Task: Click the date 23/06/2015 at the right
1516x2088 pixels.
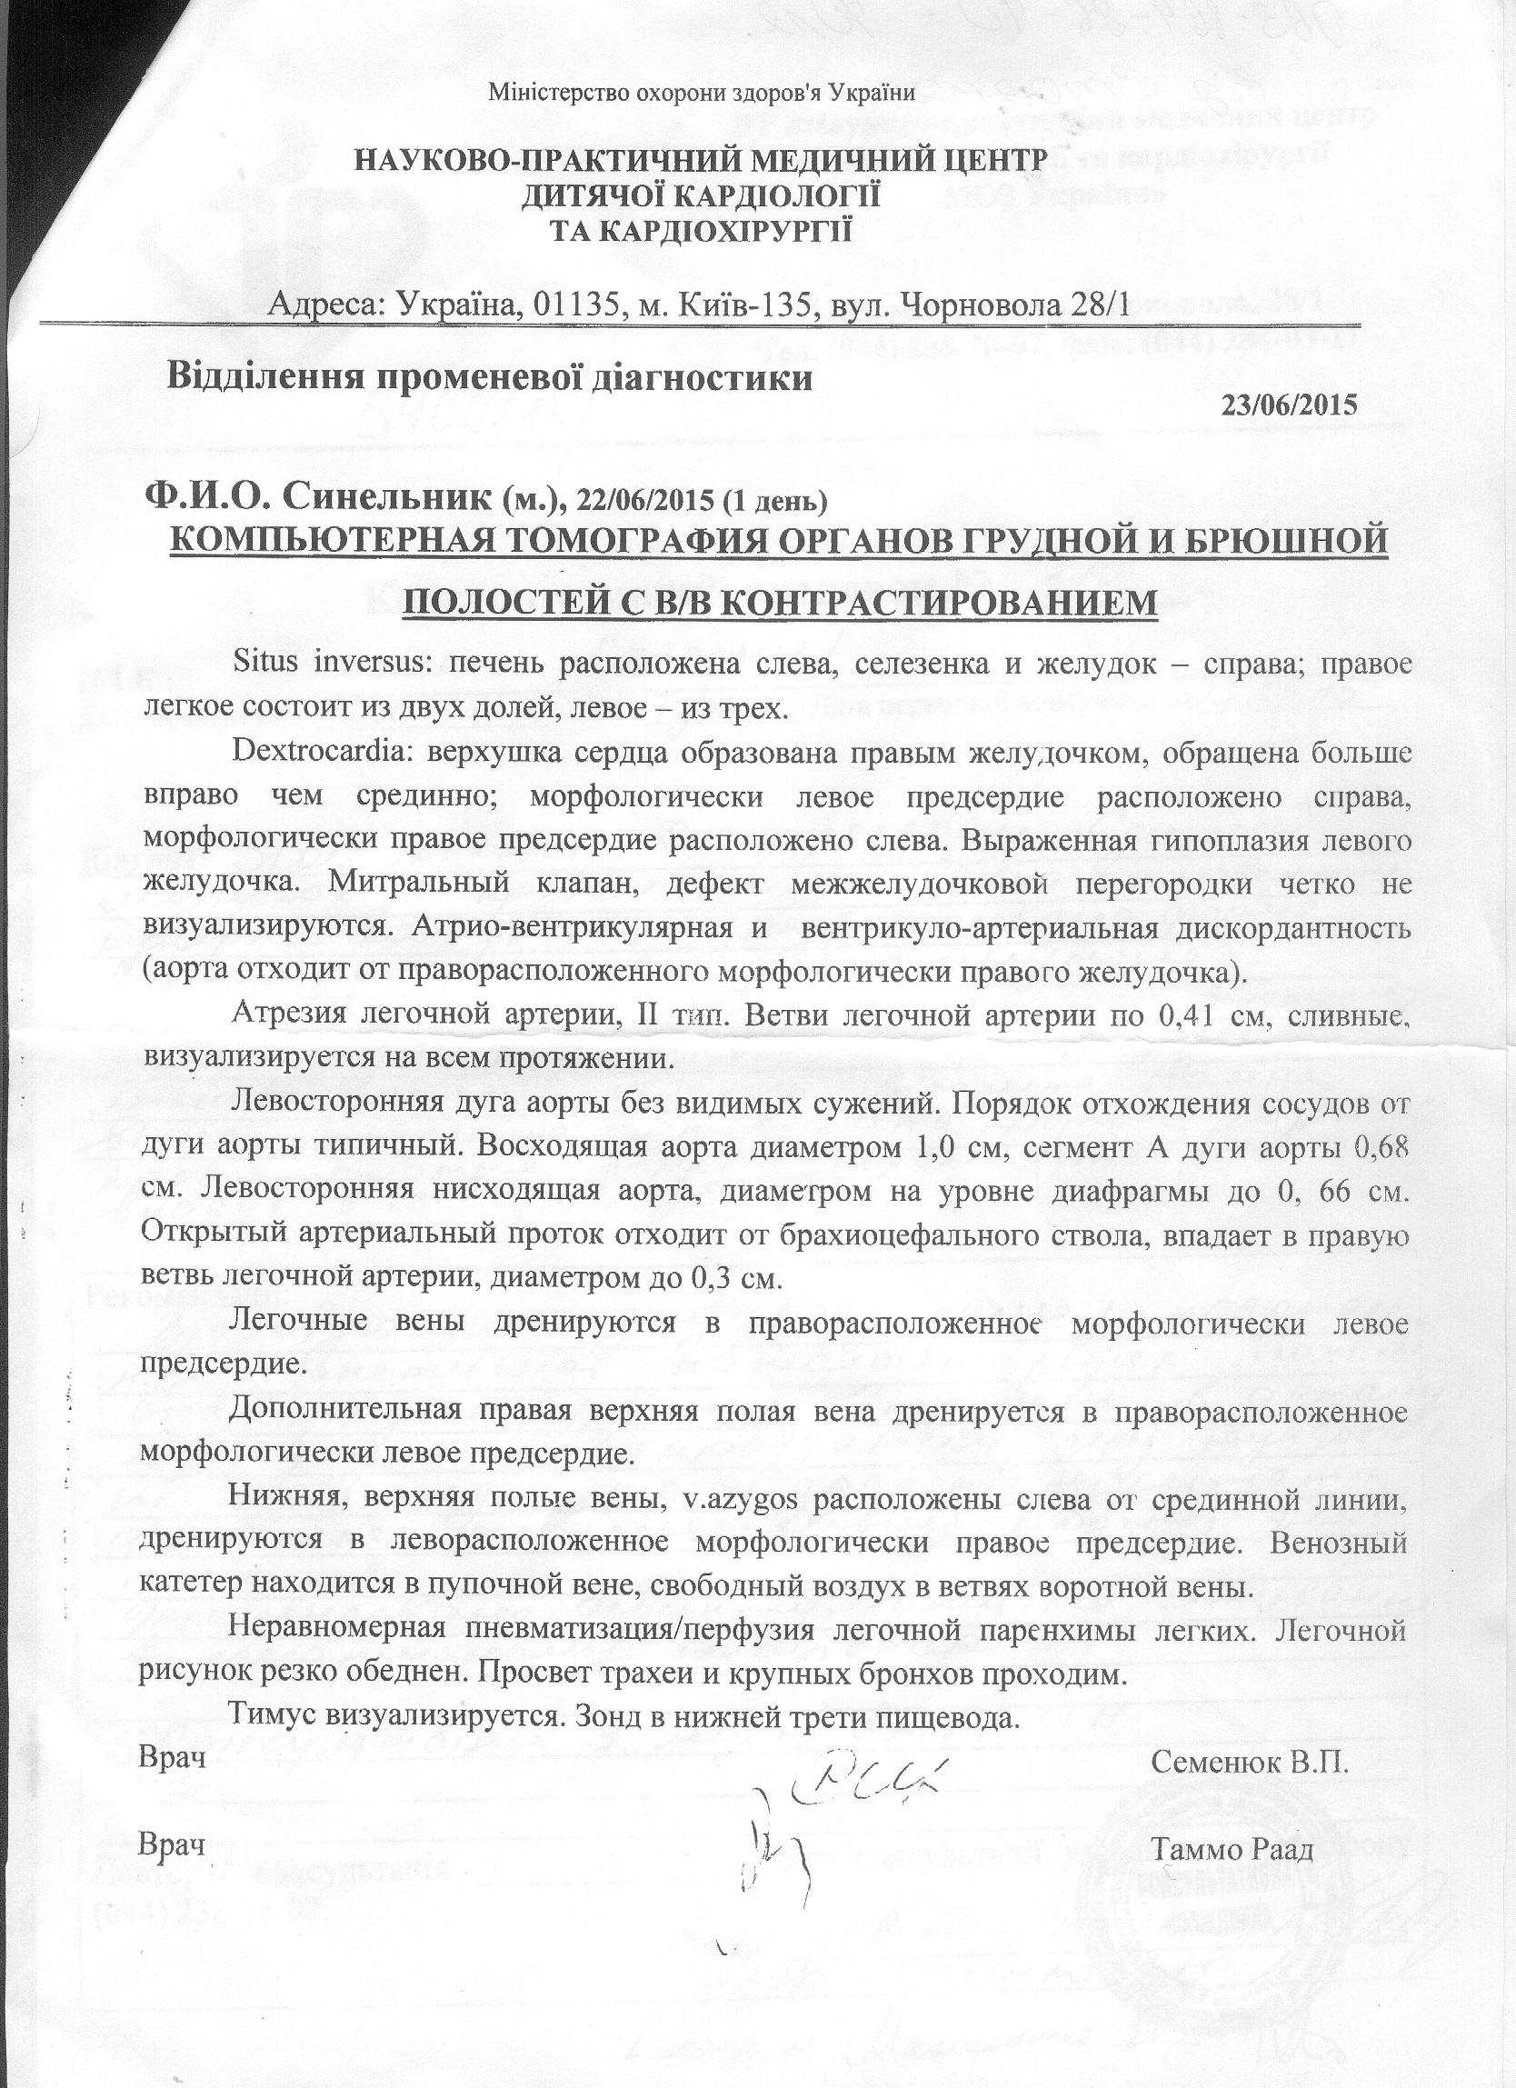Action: [1289, 405]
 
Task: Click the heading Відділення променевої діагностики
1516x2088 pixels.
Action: [488, 378]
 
